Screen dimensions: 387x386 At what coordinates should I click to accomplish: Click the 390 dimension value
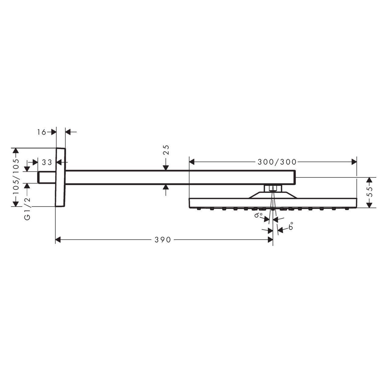click(163, 240)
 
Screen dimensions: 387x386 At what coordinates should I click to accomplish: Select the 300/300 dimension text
click(277, 162)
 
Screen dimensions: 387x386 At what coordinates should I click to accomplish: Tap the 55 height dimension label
click(370, 193)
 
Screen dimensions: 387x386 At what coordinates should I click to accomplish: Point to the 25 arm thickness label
click(166, 150)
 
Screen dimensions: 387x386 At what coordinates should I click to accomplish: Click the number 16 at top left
click(42, 132)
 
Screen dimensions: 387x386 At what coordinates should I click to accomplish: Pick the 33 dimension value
click(47, 162)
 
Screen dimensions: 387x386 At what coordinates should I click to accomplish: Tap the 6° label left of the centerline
click(258, 215)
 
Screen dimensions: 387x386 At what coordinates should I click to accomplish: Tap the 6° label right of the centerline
click(291, 227)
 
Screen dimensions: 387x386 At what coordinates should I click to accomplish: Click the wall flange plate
click(61, 177)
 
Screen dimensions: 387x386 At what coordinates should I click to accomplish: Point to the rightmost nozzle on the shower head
click(346, 209)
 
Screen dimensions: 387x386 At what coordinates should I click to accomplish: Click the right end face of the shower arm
click(295, 177)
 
